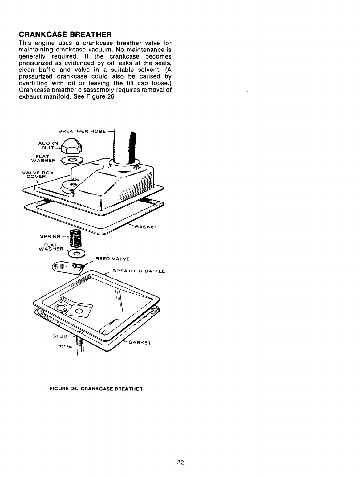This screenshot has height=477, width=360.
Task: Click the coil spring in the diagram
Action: [x=75, y=238]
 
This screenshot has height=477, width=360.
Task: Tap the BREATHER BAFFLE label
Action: [x=139, y=271]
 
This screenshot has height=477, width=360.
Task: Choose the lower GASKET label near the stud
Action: [x=139, y=343]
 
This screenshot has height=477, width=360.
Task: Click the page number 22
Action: [x=180, y=453]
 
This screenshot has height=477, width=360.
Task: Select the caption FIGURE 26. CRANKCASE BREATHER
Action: [x=96, y=389]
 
